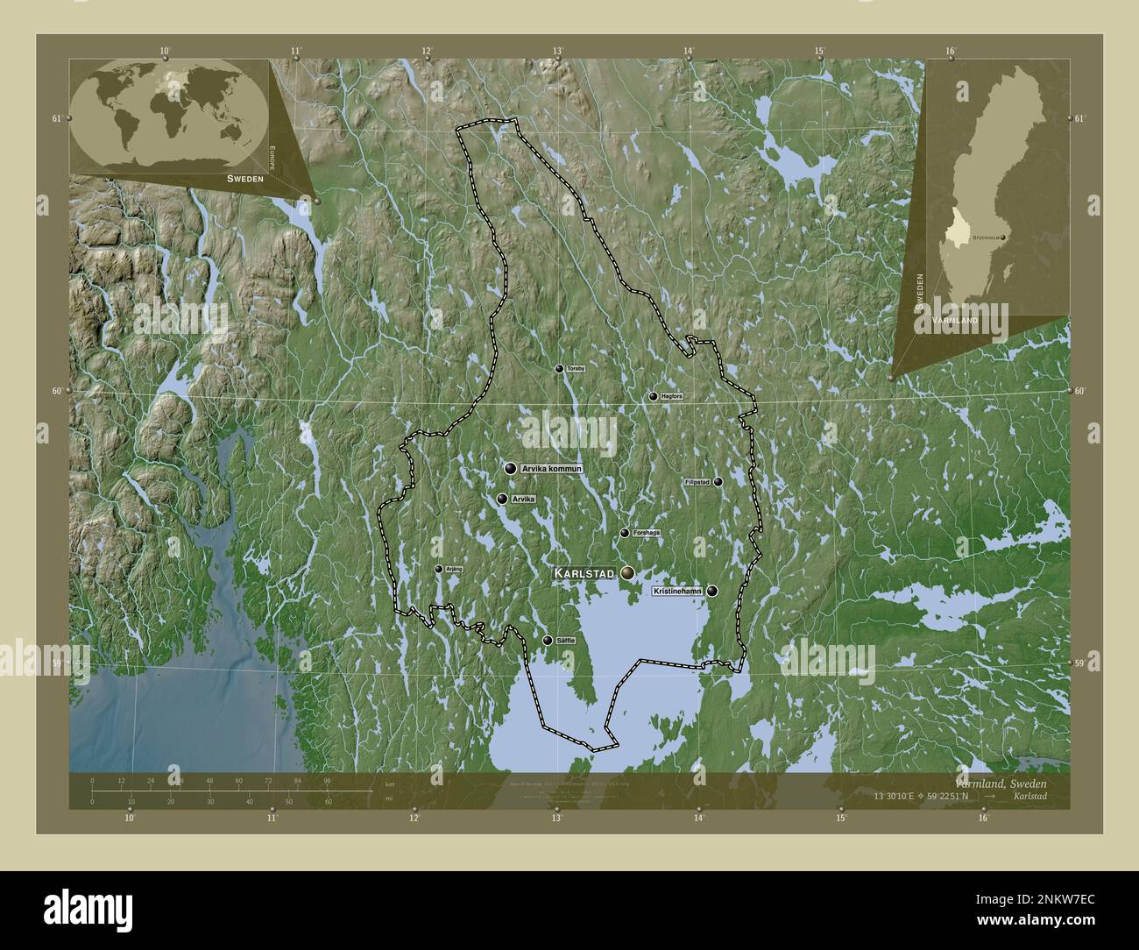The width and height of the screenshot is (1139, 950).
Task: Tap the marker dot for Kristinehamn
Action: tap(713, 591)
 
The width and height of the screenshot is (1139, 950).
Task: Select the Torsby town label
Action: tap(576, 369)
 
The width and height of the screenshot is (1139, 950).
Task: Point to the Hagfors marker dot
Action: tap(653, 396)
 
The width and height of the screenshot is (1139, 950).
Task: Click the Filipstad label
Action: tap(697, 482)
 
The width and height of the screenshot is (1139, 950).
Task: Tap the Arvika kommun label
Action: tap(551, 470)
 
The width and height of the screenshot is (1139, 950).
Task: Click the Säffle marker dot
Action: tap(548, 641)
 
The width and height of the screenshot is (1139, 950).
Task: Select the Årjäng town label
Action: tap(454, 569)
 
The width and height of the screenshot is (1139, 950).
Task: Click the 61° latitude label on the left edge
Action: tap(56, 118)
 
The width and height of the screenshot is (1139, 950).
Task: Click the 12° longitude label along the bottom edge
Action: tap(414, 819)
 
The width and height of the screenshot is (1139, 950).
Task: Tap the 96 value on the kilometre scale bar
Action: tap(327, 780)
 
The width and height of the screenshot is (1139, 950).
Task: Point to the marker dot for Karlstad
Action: tap(627, 572)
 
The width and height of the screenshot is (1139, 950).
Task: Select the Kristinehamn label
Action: tap(677, 592)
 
